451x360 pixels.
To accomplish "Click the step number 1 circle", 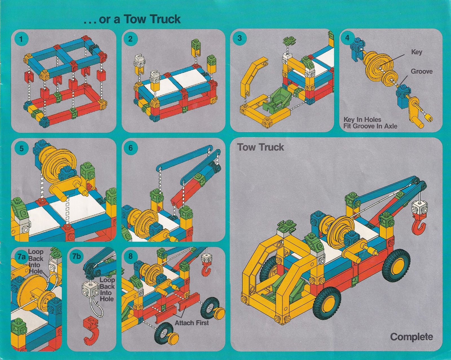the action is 21,39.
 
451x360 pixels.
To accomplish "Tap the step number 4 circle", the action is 348,38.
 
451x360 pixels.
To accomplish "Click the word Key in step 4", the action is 416,52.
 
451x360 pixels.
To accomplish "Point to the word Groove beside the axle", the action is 421,71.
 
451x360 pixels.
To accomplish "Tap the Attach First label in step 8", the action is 192,323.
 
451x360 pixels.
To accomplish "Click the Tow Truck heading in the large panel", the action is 260,147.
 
